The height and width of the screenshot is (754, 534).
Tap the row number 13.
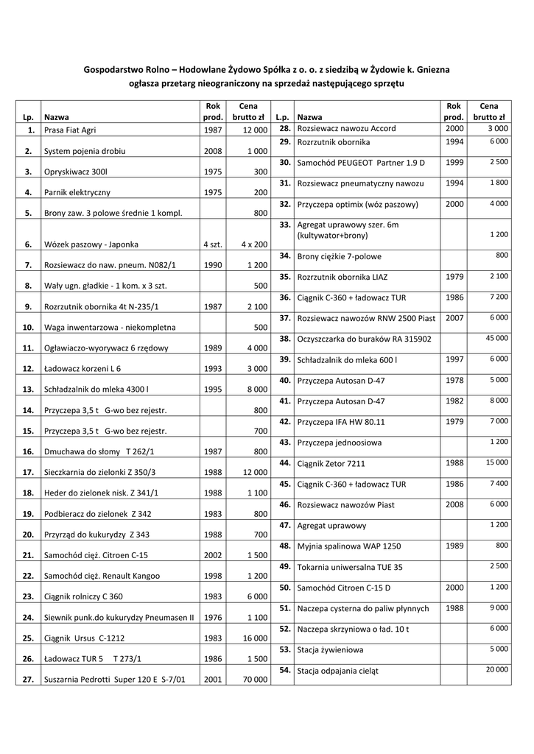[29, 389]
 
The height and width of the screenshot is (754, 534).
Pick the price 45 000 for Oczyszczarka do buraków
[496, 338]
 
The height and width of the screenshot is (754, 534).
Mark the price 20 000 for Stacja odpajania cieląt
[496, 669]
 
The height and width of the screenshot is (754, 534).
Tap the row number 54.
[286, 670]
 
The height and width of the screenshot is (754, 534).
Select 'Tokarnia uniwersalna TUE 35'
[349, 568]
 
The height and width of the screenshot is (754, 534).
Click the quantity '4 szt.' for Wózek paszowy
[211, 243]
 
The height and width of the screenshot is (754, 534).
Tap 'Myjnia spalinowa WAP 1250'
[348, 547]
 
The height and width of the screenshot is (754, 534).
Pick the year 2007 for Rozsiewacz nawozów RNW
[454, 317]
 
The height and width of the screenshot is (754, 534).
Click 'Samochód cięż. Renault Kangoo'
[101, 576]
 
